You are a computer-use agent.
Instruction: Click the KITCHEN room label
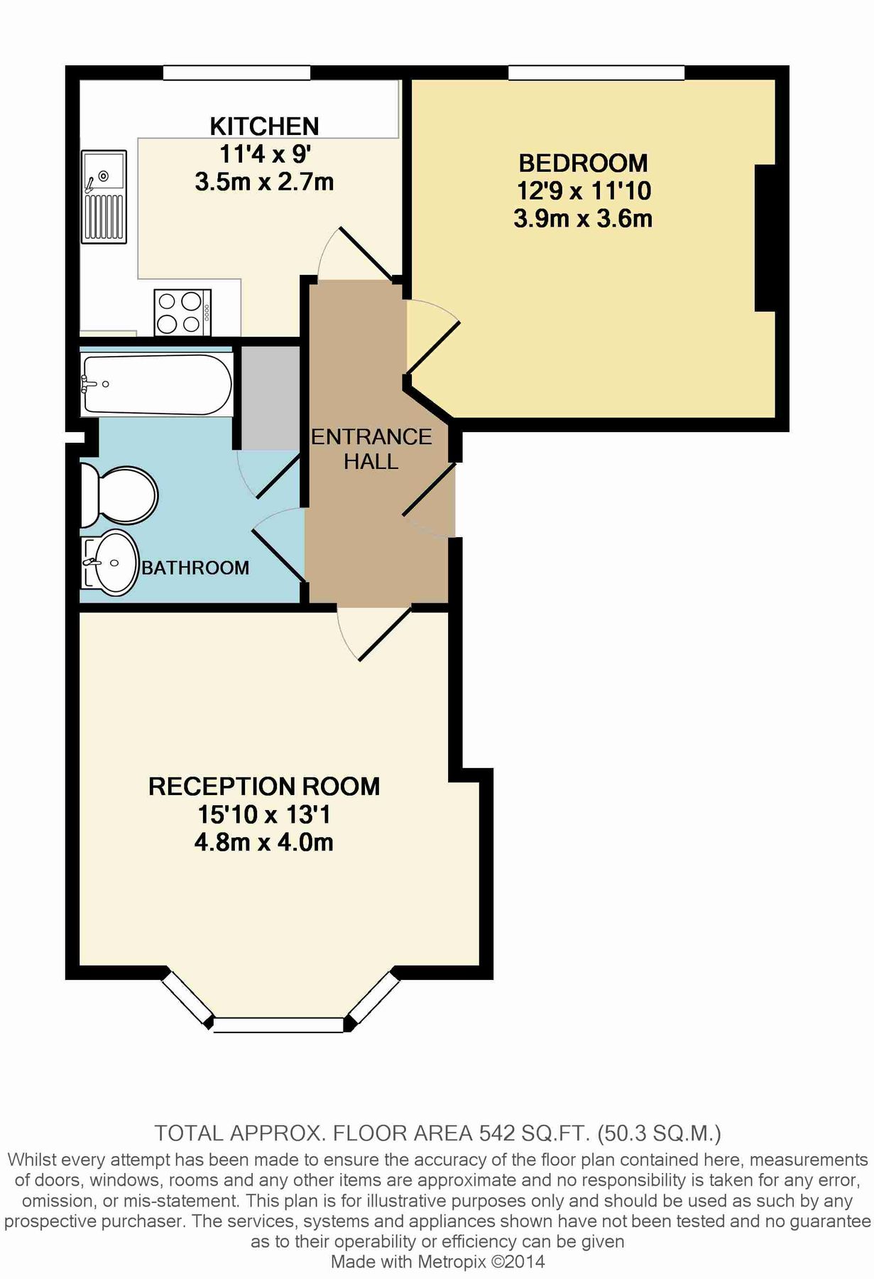click(x=264, y=126)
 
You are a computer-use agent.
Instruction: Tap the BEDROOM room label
click(x=583, y=163)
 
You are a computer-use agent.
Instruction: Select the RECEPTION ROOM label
click(x=264, y=787)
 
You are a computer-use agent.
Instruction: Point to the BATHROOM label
click(x=195, y=568)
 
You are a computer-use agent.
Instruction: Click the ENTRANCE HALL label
click(x=371, y=449)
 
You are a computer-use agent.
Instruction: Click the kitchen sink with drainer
click(x=104, y=196)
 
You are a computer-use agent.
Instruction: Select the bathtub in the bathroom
click(x=157, y=384)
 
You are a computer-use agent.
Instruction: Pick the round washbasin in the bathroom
click(x=114, y=562)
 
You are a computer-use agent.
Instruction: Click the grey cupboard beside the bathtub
click(x=271, y=398)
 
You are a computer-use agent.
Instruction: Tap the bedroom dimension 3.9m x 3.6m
click(x=583, y=218)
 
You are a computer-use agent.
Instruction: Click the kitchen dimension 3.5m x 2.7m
click(x=264, y=182)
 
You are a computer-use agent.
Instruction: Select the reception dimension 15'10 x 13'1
click(x=264, y=814)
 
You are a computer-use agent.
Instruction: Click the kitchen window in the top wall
click(x=236, y=72)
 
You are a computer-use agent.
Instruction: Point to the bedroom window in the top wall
click(x=596, y=72)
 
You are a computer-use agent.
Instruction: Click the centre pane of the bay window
click(x=278, y=1025)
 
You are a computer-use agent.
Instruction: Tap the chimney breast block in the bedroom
click(x=765, y=238)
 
